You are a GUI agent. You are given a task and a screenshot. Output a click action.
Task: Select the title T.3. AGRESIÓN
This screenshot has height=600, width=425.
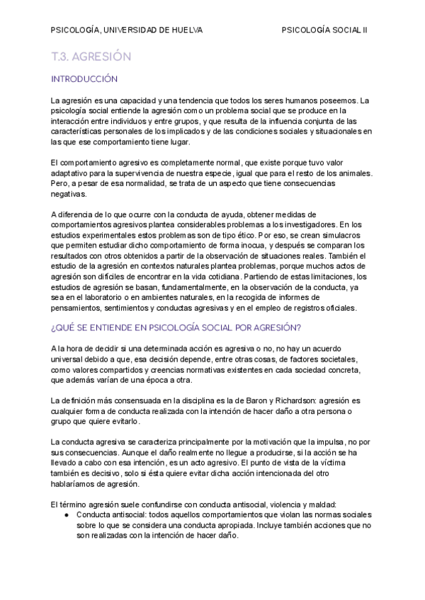91,56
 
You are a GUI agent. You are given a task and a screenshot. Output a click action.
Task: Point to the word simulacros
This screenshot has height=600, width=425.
345,234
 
